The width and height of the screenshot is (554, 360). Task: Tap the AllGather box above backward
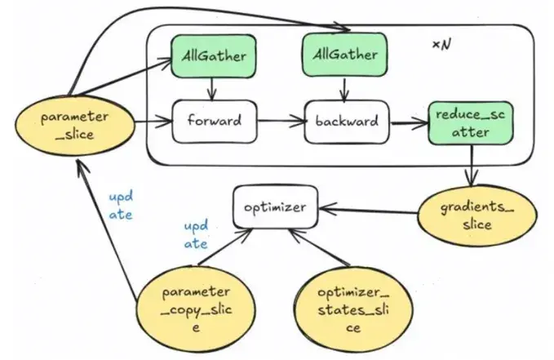[x=343, y=54]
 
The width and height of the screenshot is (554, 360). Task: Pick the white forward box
[x=213, y=121]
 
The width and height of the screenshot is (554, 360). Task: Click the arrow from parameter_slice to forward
[x=151, y=122]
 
